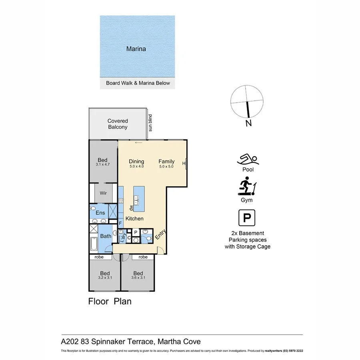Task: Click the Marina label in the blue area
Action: [x=136, y=49]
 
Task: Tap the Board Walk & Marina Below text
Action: [x=138, y=83]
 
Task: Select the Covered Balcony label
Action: [x=118, y=124]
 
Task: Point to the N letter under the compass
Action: [x=248, y=123]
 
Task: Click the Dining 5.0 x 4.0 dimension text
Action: [x=136, y=166]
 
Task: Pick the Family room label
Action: [x=166, y=161]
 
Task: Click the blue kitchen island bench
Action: [x=138, y=199]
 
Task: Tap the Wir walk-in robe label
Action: [x=103, y=192]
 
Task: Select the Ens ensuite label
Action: [x=100, y=213]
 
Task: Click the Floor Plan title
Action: [x=110, y=301]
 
